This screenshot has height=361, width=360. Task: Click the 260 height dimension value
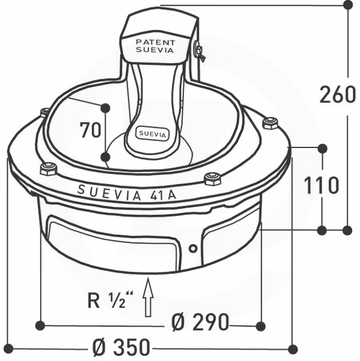[337, 94]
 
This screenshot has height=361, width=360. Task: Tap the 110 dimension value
[322, 185]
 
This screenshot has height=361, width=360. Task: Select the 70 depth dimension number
[90, 130]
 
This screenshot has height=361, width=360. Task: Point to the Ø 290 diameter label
[200, 322]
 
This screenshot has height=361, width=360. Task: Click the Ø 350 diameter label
[121, 347]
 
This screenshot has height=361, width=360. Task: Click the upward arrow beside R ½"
[148, 297]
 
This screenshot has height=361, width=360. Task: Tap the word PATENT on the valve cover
[156, 42]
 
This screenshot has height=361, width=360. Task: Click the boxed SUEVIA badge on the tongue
[152, 134]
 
